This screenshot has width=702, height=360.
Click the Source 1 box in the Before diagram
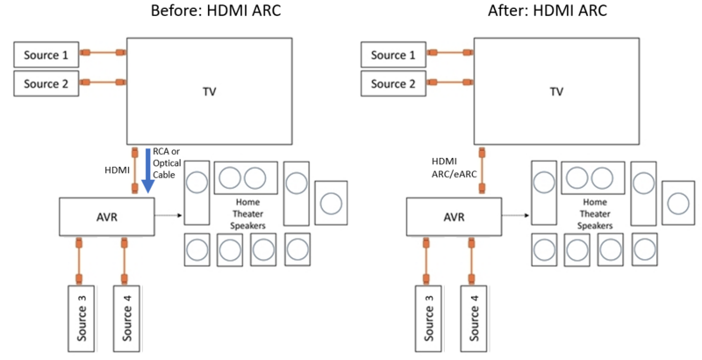click(46, 54)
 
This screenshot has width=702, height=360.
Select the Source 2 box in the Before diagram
click(46, 84)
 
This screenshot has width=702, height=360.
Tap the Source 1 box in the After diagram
click(392, 54)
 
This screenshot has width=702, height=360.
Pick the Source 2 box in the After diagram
click(392, 84)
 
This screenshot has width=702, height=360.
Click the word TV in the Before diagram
click(209, 90)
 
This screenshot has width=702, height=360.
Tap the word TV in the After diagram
click(556, 90)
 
